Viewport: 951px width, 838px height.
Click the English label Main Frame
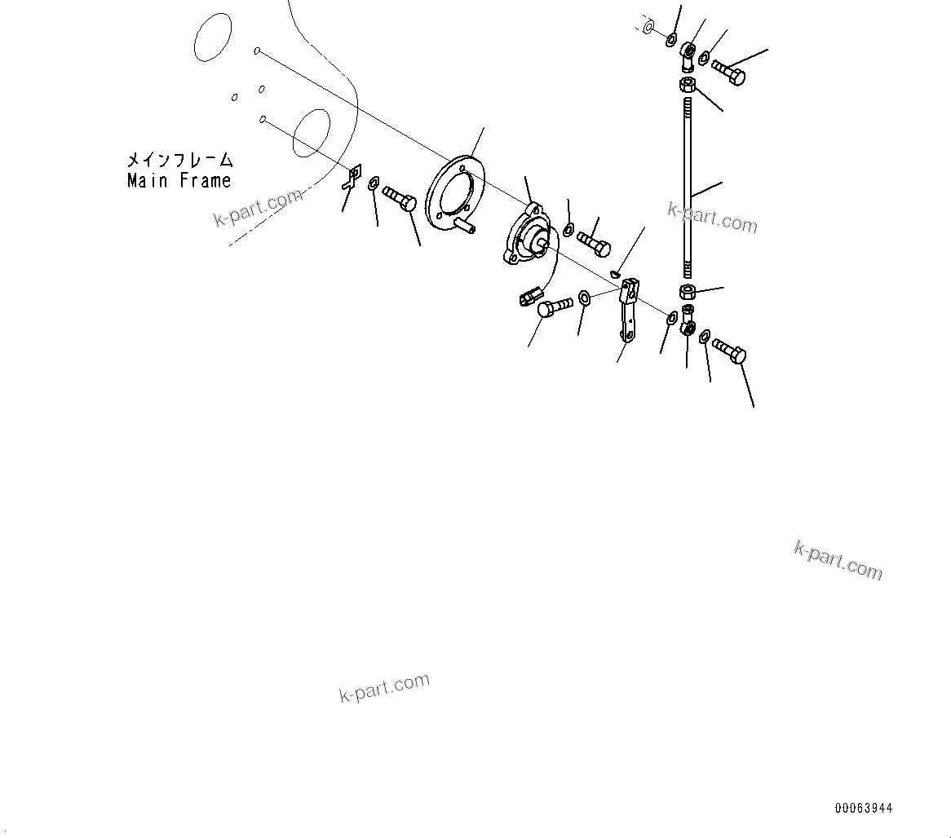point(179,181)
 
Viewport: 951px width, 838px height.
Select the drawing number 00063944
point(863,809)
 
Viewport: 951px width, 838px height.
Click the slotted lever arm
point(629,310)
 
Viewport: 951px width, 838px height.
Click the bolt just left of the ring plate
point(400,198)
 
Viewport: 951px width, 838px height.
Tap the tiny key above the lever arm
point(617,273)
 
